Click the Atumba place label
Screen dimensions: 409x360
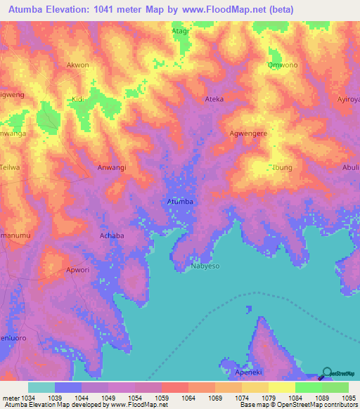180,202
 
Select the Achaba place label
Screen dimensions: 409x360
112,235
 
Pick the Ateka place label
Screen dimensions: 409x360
214,99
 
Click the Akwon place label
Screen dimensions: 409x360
77,65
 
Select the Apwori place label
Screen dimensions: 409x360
77,269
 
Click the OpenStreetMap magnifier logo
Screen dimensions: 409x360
328,373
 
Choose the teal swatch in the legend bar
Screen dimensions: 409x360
41,387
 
